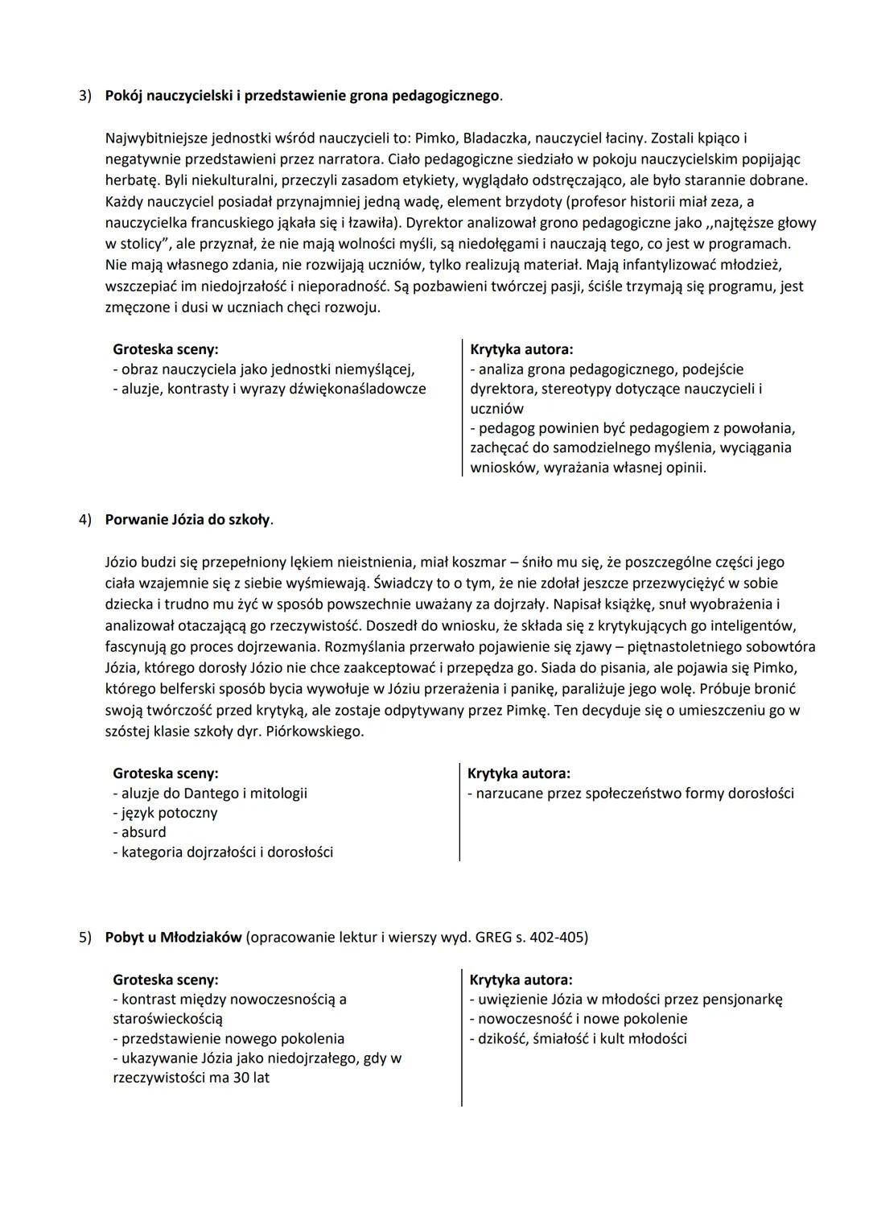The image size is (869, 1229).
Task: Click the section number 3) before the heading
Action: click(x=84, y=96)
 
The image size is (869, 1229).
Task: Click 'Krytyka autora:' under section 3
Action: click(x=521, y=349)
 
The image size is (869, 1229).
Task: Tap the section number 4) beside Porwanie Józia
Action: click(x=84, y=519)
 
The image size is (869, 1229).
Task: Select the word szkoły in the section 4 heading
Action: click(x=249, y=519)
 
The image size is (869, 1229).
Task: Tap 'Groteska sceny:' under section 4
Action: click(x=165, y=773)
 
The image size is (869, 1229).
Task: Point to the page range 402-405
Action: click(x=559, y=938)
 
